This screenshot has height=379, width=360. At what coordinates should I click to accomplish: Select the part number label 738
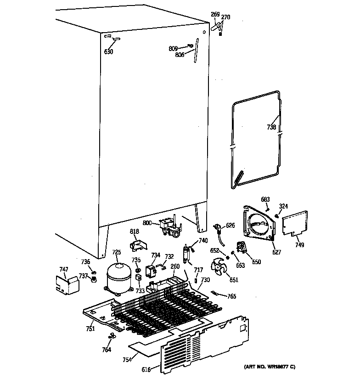(x=271, y=127)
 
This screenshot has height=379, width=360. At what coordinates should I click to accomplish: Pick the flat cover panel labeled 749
(x=295, y=223)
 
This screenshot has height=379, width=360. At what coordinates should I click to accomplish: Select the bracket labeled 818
(x=138, y=245)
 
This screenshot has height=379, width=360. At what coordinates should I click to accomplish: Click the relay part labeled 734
(x=151, y=272)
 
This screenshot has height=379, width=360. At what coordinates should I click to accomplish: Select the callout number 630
(x=108, y=51)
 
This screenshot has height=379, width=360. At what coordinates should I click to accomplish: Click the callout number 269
(x=215, y=15)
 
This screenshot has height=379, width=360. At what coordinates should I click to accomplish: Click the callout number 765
(x=232, y=296)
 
